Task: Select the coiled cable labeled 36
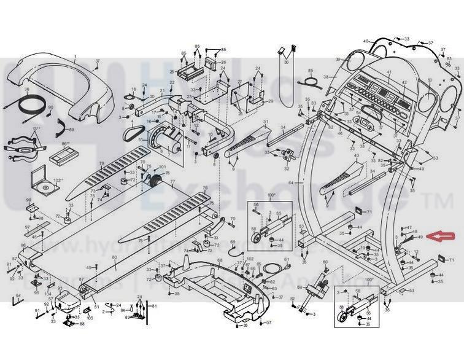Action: pos(29,104)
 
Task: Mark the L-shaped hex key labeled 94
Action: pos(17,303)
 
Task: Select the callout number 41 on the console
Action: pos(389,72)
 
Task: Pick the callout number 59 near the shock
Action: pos(300,287)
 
